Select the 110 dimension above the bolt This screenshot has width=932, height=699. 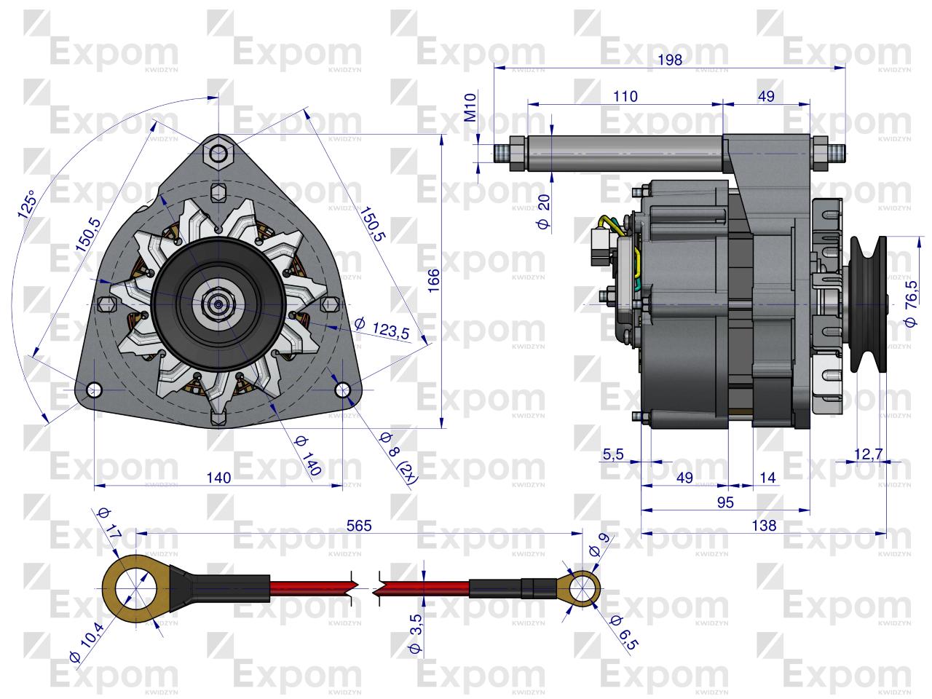625,96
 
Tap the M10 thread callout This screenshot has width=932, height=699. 470,106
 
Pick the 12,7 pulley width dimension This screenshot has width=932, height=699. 868,454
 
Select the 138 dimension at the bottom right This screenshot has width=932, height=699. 763,525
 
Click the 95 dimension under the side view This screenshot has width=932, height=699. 724,502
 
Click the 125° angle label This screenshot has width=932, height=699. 28,205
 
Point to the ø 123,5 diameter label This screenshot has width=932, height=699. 382,328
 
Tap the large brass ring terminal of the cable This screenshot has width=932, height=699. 135,587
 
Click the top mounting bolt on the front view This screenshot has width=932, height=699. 218,151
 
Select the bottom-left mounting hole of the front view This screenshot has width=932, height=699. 95,390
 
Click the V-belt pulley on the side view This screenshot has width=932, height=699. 866,303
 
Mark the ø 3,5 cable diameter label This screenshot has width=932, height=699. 416,634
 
